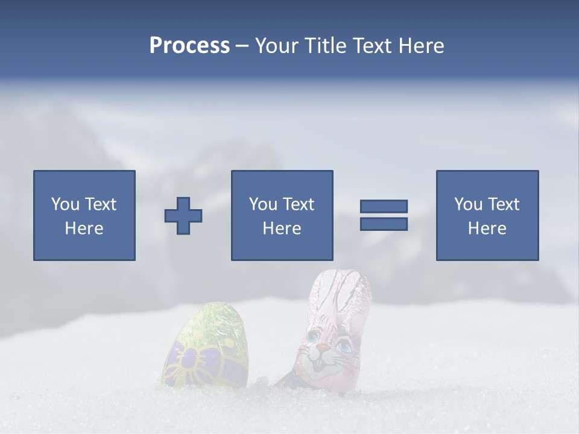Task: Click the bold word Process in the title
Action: [189, 45]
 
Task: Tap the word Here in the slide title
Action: [420, 45]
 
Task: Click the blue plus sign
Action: [183, 216]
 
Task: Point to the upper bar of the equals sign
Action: [384, 206]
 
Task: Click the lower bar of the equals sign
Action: [384, 224]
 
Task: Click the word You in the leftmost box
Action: [65, 204]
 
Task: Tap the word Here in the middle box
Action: [282, 228]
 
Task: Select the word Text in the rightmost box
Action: [503, 204]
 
